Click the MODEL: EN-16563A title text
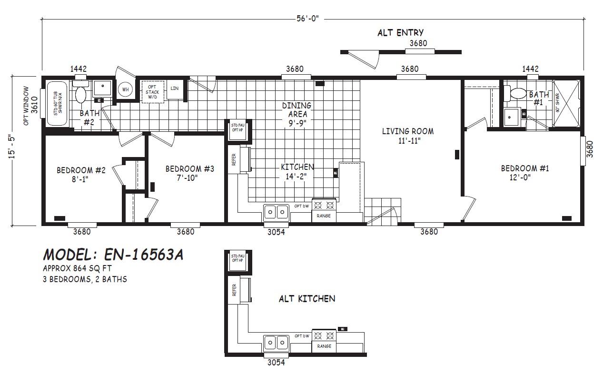113,255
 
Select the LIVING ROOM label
408,136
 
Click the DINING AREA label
297,114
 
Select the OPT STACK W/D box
153,91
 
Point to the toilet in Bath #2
79,93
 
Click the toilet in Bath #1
515,93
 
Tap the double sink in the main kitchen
276,211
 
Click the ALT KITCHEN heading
307,299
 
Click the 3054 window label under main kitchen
276,232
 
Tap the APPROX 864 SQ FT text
77,268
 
